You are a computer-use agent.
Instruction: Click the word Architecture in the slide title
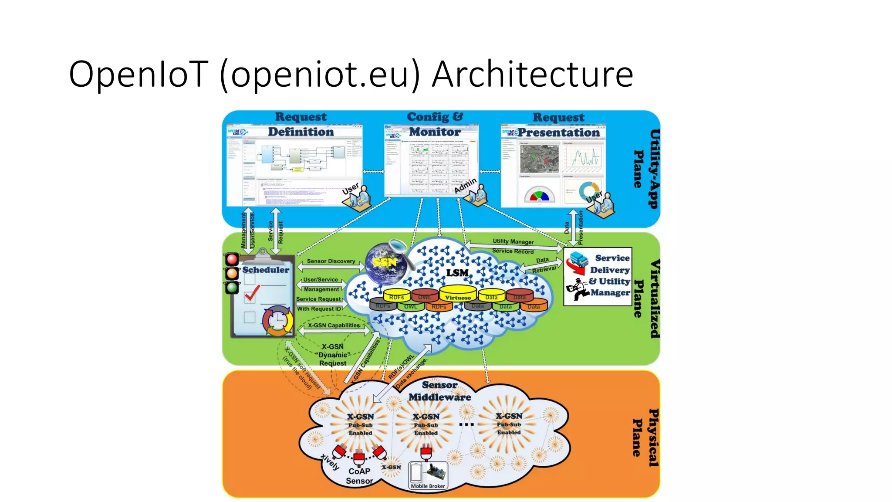tap(532, 74)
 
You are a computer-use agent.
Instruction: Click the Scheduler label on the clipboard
tap(266, 270)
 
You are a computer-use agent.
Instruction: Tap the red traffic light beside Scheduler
tap(232, 259)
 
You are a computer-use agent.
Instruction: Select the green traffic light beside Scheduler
tap(232, 287)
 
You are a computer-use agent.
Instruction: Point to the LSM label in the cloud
tap(457, 273)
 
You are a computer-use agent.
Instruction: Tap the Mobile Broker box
tap(428, 475)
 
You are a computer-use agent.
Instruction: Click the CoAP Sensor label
tap(359, 476)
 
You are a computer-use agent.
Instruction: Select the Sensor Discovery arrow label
tap(331, 261)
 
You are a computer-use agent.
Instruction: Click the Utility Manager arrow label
tap(513, 241)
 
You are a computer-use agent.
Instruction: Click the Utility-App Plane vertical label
tap(646, 169)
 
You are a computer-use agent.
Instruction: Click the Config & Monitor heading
tap(435, 124)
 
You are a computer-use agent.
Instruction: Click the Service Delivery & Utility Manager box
tap(598, 276)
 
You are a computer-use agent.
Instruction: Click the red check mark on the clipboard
tap(252, 293)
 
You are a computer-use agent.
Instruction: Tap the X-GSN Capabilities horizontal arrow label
tap(334, 326)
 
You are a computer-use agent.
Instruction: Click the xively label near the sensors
tap(330, 461)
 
